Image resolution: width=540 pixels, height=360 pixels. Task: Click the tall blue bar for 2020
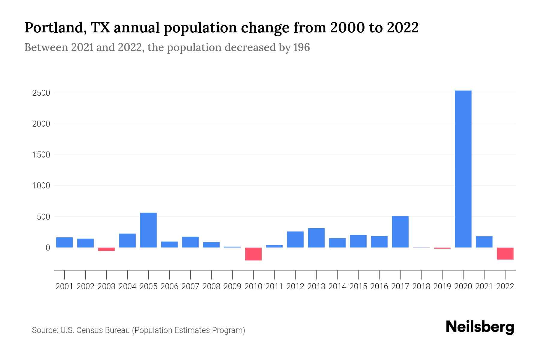pos(463,169)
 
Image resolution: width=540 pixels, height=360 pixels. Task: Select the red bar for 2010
pos(253,254)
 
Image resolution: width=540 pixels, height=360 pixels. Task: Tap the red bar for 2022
pos(505,253)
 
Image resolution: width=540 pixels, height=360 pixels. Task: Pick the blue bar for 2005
pos(148,230)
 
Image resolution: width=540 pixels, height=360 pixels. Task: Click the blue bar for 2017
pos(400,232)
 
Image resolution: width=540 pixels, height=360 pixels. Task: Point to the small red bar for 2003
pos(106,249)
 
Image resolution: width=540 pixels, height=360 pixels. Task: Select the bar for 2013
pos(316,238)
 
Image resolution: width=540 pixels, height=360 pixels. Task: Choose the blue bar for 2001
pos(64,242)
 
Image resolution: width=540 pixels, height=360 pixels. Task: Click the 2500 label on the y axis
pos(41,93)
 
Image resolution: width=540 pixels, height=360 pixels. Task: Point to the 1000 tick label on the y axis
pos(41,186)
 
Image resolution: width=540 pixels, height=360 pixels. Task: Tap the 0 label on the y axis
pos(48,248)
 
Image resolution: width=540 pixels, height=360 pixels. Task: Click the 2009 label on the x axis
pos(232,286)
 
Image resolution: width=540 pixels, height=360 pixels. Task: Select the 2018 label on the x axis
pos(421,286)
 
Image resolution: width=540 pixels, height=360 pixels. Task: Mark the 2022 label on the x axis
pos(505,286)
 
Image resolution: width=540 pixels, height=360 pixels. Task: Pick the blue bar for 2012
pos(295,239)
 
